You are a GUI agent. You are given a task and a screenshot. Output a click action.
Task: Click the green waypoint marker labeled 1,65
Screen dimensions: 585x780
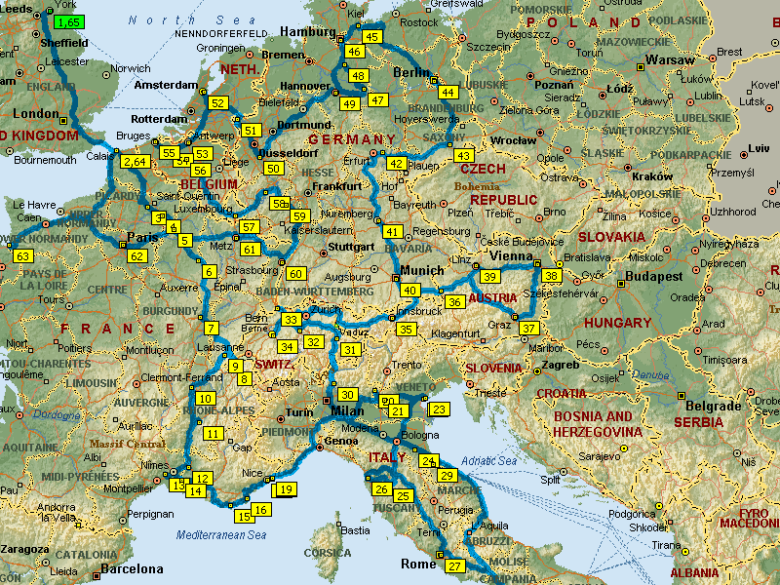click(x=69, y=21)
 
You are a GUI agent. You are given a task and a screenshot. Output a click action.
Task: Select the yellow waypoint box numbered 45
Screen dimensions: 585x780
click(x=371, y=37)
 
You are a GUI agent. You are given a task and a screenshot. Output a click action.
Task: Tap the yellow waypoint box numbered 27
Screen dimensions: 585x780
click(x=454, y=566)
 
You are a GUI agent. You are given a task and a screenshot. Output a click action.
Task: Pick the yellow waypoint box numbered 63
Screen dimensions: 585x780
click(x=23, y=256)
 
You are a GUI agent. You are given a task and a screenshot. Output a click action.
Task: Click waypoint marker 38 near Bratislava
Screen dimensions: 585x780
click(x=553, y=277)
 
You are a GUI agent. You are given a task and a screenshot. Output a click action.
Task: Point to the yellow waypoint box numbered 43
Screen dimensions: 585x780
click(x=464, y=156)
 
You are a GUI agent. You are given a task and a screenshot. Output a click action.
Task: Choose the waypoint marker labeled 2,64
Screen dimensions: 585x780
click(x=135, y=162)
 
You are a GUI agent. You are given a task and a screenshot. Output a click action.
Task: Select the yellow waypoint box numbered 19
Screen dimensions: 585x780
click(x=286, y=489)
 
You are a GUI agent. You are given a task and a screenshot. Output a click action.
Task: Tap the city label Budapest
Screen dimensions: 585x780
click(x=654, y=277)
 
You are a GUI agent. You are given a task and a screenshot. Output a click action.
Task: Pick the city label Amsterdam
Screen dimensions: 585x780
click(x=166, y=85)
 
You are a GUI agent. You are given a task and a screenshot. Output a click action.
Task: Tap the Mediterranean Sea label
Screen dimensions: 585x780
click(x=221, y=534)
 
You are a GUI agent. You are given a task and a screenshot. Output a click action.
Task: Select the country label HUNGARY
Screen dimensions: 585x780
click(x=617, y=323)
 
